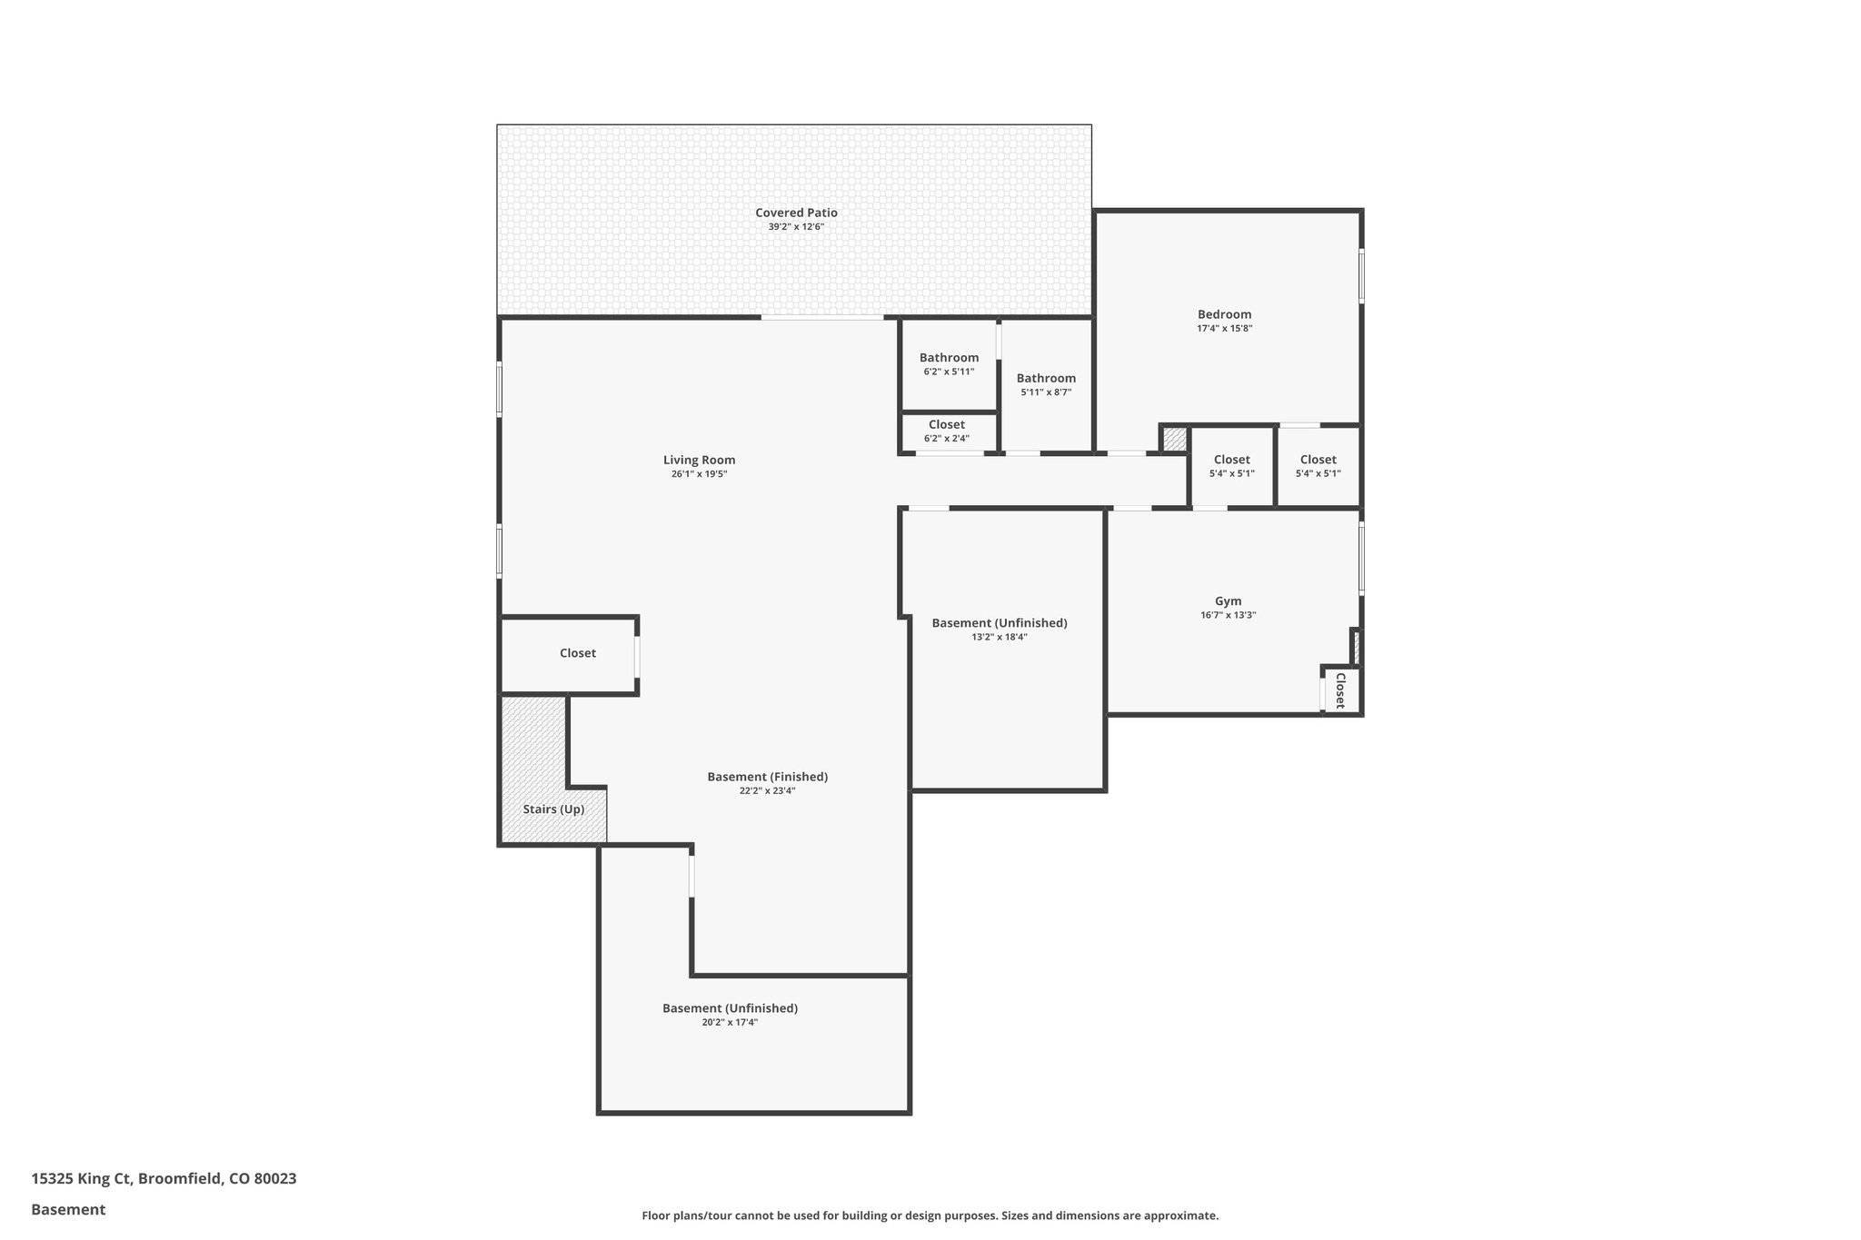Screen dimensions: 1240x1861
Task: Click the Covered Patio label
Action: [x=796, y=213]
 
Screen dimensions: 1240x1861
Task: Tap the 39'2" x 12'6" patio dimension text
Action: [x=796, y=227]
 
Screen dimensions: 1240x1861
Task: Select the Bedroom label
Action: [x=1224, y=314]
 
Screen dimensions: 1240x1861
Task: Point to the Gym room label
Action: [x=1228, y=600]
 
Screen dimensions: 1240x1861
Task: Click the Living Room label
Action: [x=699, y=460]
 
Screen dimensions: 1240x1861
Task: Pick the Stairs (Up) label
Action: [x=553, y=808]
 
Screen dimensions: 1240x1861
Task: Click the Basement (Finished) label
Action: [x=767, y=777]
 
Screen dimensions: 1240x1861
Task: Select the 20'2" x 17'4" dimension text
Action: [x=729, y=1022]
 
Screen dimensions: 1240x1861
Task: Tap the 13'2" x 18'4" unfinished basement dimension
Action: [x=999, y=637]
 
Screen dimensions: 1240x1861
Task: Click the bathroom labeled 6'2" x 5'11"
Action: [x=949, y=358]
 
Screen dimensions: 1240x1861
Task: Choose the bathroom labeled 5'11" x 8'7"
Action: [x=1046, y=378]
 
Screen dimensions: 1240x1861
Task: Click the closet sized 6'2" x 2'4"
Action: [x=947, y=425]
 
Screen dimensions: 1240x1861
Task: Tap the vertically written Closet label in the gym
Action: [x=1340, y=690]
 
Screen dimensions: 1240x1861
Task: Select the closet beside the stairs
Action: [x=577, y=653]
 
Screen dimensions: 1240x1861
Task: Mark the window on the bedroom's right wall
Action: [x=1360, y=275]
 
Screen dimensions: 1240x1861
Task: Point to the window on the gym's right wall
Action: [x=1360, y=558]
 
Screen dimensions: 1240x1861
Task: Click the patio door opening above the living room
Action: [x=821, y=317]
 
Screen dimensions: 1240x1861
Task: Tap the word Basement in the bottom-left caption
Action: [x=68, y=1209]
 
